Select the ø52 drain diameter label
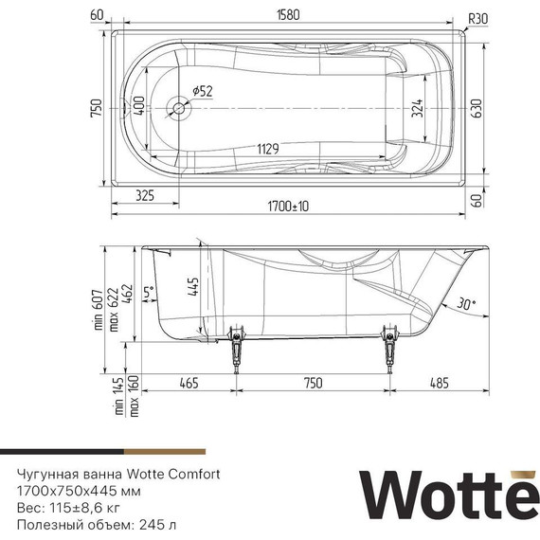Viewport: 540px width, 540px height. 203,90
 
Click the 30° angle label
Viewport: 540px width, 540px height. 466,304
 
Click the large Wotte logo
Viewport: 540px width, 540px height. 445,495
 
